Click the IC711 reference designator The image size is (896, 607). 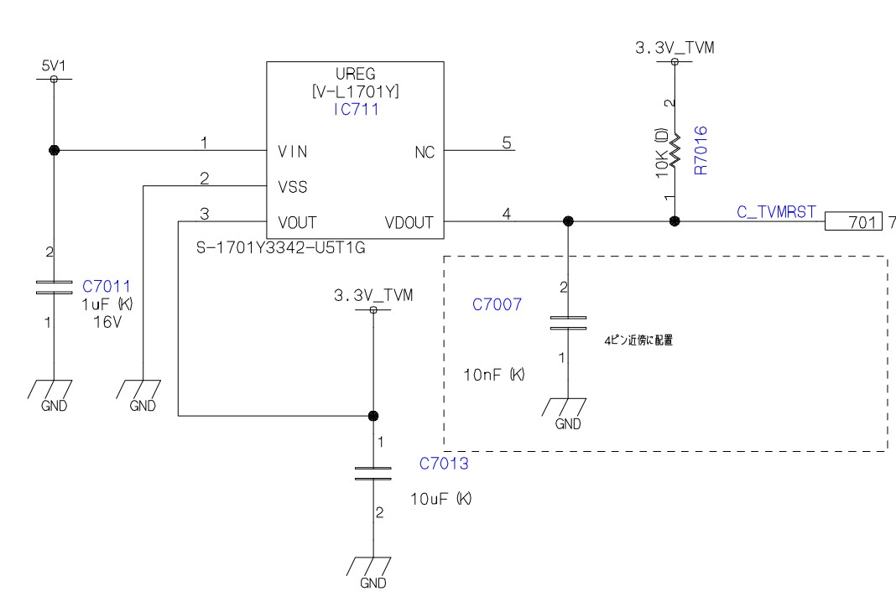pyautogui.click(x=356, y=109)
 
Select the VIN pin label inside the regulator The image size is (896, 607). pyautogui.click(x=293, y=151)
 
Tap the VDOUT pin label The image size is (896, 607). pyautogui.click(x=409, y=222)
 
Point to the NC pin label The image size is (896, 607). pyautogui.click(x=425, y=152)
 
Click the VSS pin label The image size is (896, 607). pyautogui.click(x=293, y=187)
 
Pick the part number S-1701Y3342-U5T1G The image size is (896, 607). pyautogui.click(x=280, y=248)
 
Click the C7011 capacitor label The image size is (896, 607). pyautogui.click(x=107, y=286)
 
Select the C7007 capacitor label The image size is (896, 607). pyautogui.click(x=497, y=304)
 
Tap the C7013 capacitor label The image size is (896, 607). pyautogui.click(x=444, y=463)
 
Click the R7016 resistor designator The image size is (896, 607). pyautogui.click(x=700, y=150)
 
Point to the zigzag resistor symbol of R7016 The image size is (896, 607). pyautogui.click(x=675, y=150)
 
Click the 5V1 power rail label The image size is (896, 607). pyautogui.click(x=54, y=65)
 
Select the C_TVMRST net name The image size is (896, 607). pyautogui.click(x=776, y=212)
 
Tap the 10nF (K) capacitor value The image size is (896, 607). pyautogui.click(x=493, y=375)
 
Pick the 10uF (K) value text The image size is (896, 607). pyautogui.click(x=440, y=499)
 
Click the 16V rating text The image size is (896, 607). pyautogui.click(x=107, y=322)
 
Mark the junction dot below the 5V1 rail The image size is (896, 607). pyautogui.click(x=55, y=150)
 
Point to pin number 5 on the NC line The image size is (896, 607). pyautogui.click(x=507, y=143)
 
